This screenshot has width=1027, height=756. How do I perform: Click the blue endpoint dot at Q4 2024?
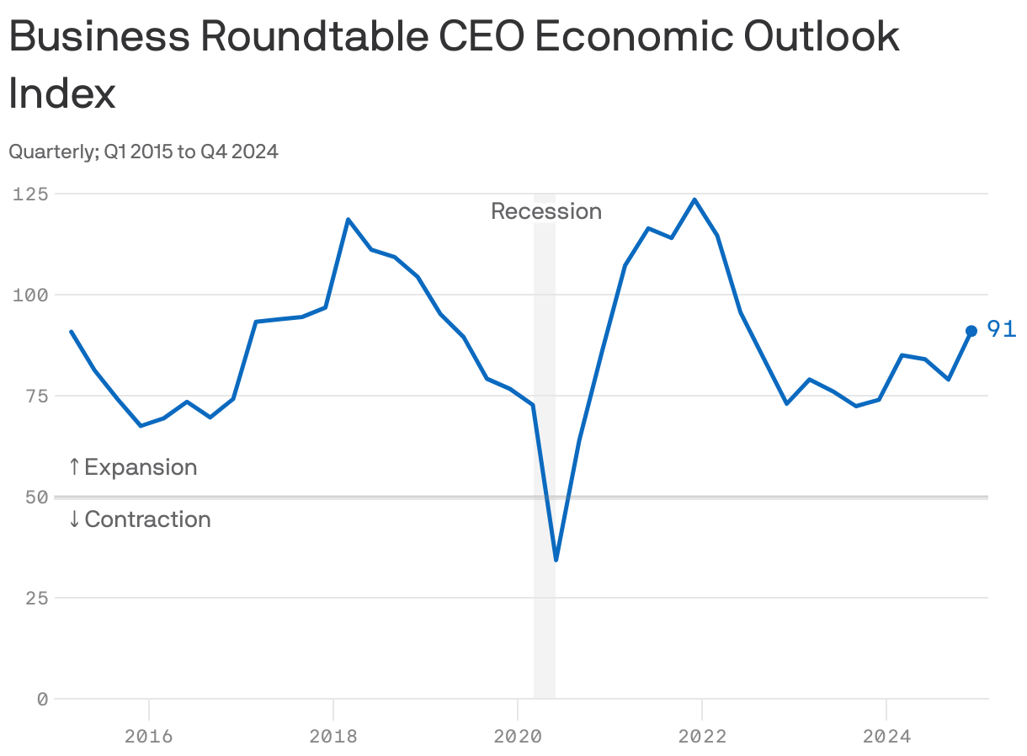tap(971, 331)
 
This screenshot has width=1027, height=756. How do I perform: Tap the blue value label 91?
tap(1001, 329)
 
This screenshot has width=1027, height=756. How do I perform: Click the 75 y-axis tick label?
tap(36, 396)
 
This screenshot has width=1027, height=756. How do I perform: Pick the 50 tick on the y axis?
tap(36, 497)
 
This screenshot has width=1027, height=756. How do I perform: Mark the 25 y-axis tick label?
tap(36, 598)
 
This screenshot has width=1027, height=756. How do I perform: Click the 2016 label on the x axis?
tap(148, 737)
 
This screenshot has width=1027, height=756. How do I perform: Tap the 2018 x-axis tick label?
tap(333, 737)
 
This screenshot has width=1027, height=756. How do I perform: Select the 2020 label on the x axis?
tap(518, 737)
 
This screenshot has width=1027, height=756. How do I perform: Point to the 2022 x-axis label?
tap(702, 737)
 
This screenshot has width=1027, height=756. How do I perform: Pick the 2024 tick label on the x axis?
tap(886, 737)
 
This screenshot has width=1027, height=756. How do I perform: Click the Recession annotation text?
tap(546, 211)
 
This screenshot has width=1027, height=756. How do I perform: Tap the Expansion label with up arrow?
tap(132, 467)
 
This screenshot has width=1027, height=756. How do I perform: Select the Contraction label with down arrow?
tap(139, 519)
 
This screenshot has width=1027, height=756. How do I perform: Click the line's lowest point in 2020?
tap(556, 559)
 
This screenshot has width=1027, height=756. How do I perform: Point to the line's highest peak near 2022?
tap(694, 200)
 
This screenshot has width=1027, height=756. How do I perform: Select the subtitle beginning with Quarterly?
tap(143, 152)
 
